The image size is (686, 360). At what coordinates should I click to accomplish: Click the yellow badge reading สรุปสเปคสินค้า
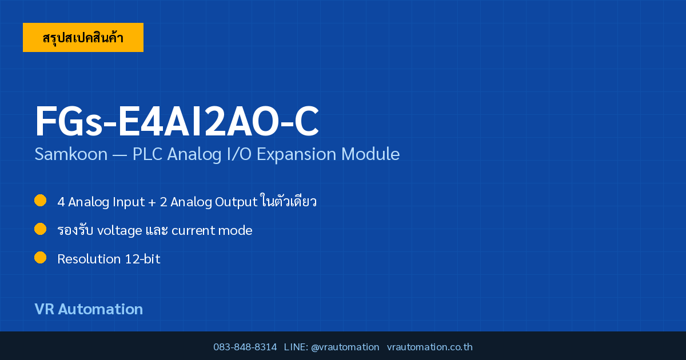point(83,37)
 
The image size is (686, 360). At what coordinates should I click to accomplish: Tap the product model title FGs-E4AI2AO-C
point(177,121)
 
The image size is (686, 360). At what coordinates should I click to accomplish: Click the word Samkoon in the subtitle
point(71,154)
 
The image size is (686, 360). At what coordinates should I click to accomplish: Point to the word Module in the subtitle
point(370,154)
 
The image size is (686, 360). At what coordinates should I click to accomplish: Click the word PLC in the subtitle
point(147,154)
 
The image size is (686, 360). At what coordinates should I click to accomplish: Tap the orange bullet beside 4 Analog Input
point(40,201)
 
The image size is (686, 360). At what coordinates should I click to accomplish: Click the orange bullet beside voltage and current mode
point(40,229)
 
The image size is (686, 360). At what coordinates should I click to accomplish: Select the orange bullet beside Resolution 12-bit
point(40,258)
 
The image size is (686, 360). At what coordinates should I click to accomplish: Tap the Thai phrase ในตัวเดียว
point(289,201)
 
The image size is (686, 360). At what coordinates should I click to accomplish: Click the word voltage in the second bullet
point(119,231)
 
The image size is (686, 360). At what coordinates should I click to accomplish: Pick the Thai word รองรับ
point(75,230)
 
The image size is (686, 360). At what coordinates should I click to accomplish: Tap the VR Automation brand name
point(89,309)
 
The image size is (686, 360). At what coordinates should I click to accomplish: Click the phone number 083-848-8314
point(245,347)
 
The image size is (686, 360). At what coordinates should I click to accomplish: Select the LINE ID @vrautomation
point(345,347)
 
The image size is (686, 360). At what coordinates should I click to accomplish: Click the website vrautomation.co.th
point(430,347)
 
